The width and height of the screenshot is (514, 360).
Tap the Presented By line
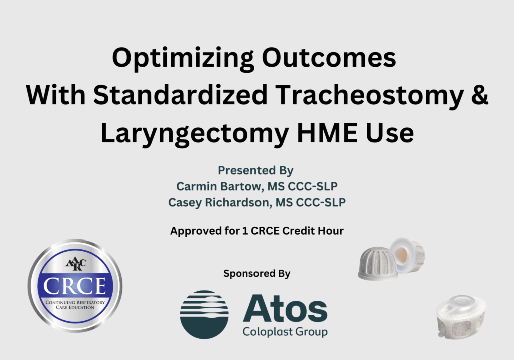click(256, 171)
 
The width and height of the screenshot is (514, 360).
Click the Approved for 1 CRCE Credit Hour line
click(256, 231)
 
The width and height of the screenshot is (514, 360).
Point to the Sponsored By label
click(256, 274)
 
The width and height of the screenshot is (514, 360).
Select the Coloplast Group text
click(285, 332)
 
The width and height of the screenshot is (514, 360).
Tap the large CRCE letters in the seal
click(75, 287)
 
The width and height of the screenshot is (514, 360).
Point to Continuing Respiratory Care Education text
click(75, 304)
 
